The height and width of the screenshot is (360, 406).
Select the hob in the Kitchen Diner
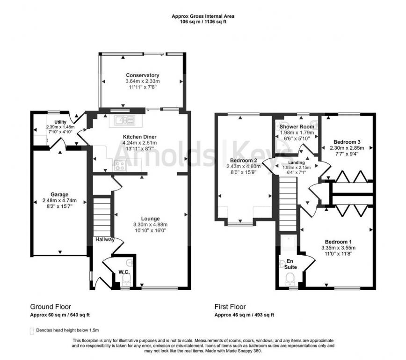coord(120,165)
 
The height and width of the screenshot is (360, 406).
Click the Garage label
coord(60,194)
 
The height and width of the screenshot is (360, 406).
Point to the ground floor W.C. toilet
coord(126,279)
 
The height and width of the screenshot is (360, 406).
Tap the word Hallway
coord(105,239)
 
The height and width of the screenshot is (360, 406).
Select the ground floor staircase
coord(103,216)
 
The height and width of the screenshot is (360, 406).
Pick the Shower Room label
coord(297,126)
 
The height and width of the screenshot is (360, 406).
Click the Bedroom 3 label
coord(347,142)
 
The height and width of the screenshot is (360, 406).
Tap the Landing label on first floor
coord(296,162)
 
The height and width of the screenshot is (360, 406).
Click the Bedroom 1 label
coord(338,242)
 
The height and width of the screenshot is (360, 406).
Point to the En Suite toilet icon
coord(290,279)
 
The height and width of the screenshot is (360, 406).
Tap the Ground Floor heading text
coord(51,307)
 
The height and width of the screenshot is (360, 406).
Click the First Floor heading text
coord(230,307)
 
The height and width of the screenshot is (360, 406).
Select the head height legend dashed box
coord(32,331)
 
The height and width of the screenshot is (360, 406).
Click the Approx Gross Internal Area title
coord(203,16)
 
